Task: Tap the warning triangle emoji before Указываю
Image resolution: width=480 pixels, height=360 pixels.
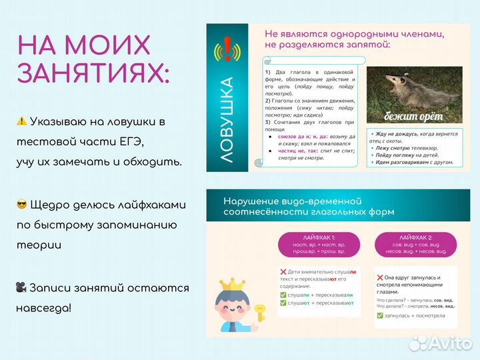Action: [22, 121]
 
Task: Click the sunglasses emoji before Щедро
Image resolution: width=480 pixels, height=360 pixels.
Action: [22, 205]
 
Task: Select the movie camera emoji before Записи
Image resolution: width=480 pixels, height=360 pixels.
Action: [22, 288]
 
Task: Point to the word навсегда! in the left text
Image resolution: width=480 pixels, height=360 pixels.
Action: [44, 308]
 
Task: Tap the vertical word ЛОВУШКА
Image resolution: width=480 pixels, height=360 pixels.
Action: [227, 120]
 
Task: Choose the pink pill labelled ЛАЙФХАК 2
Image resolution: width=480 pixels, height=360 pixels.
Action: [416, 245]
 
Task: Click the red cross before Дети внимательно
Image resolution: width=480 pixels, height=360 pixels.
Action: [283, 272]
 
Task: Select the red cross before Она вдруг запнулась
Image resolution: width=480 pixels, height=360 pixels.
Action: [380, 277]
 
